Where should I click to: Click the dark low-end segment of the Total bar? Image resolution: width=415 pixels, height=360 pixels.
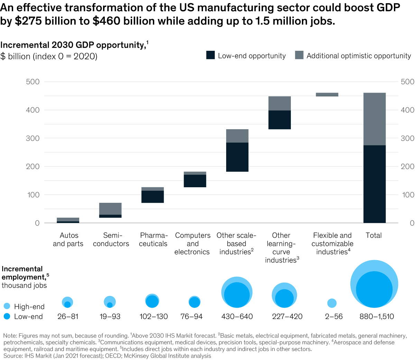(x=375, y=184)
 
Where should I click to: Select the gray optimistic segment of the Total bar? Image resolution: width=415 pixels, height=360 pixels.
(x=375, y=119)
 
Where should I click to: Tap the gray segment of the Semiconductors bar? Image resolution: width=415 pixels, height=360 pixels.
(x=110, y=209)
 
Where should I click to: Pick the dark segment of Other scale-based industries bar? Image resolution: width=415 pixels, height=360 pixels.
(x=237, y=157)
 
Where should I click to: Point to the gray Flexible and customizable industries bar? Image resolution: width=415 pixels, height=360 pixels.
(x=327, y=94)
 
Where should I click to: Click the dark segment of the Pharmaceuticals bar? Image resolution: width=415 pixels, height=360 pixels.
(x=153, y=197)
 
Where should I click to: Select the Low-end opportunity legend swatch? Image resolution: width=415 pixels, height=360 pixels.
(x=211, y=55)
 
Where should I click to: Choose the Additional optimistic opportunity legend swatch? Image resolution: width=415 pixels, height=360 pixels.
(x=299, y=55)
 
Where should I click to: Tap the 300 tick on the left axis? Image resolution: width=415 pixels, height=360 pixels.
(x=33, y=138)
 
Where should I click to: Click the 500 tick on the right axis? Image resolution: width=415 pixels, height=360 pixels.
(x=407, y=82)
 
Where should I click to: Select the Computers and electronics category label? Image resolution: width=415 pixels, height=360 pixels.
(x=192, y=244)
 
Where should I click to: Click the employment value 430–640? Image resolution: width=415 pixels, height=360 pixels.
(x=237, y=316)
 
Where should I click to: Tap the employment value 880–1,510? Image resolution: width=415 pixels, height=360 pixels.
(x=377, y=316)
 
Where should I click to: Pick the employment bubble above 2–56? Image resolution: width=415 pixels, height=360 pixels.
(x=332, y=303)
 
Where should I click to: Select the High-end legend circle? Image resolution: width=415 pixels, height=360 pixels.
(x=7, y=306)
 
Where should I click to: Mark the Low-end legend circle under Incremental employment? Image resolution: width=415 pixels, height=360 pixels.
(x=7, y=316)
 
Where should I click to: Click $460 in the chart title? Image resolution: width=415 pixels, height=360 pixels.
(x=106, y=21)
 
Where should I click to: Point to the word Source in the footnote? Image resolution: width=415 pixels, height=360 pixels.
(x=12, y=356)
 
